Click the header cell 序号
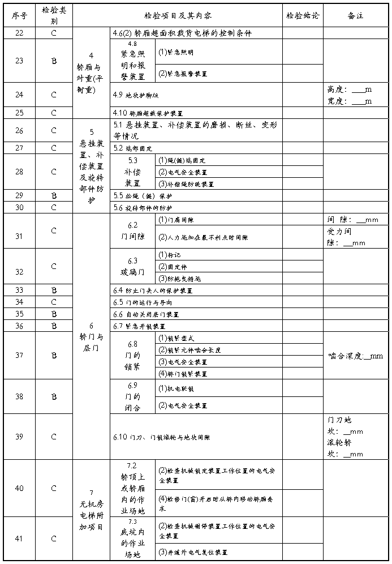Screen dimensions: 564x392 pyautogui.click(x=19, y=15)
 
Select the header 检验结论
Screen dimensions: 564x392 pyautogui.click(x=303, y=15)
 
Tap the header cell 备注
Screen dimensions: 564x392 pyautogui.click(x=356, y=15)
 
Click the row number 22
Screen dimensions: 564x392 pyautogui.click(x=19, y=33)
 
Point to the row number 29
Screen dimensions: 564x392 pyautogui.click(x=19, y=195)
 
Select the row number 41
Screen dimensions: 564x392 pyautogui.click(x=19, y=539)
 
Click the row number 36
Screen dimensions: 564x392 pyautogui.click(x=19, y=326)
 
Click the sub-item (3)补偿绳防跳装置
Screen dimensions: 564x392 pyautogui.click(x=186, y=184)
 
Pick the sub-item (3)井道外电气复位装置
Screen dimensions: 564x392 pyautogui.click(x=193, y=552)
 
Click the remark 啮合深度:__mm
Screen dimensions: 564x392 pyautogui.click(x=356, y=356)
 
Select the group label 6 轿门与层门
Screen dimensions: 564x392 pyautogui.click(x=91, y=336)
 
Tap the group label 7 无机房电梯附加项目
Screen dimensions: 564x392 pyautogui.click(x=91, y=510)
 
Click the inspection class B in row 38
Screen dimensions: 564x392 pyautogui.click(x=54, y=397)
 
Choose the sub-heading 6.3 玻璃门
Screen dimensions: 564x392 pyautogui.click(x=132, y=267)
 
